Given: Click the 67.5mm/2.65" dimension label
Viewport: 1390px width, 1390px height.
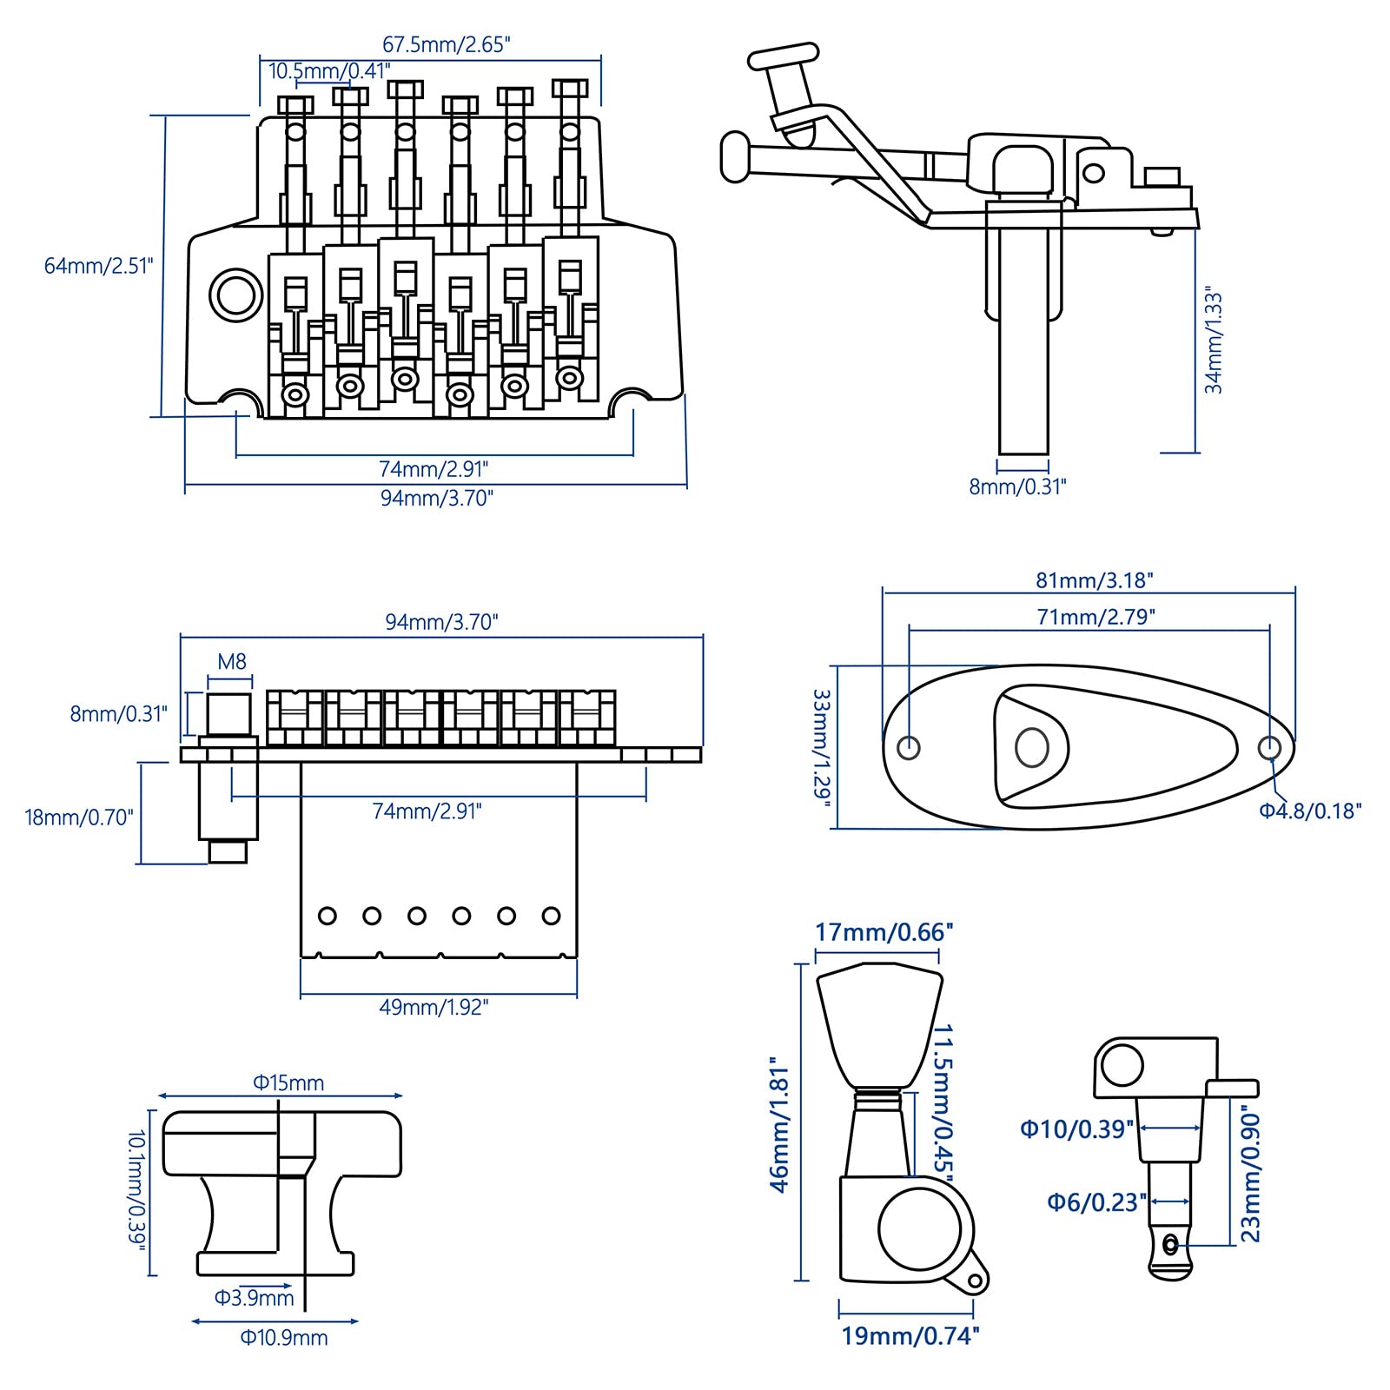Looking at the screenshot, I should coord(446,44).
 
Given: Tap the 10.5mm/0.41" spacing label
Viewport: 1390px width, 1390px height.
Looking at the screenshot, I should coord(329,71).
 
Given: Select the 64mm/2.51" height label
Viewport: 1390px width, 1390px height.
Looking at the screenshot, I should coord(98,265).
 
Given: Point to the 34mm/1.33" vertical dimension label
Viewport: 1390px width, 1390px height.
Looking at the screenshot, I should coord(1214,342).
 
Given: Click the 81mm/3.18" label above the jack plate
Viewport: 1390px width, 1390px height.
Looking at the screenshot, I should coord(1094,579).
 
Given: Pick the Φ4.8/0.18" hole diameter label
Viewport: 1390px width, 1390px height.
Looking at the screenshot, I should coord(1310,811).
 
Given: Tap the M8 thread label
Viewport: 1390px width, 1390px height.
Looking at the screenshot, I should coord(232,662).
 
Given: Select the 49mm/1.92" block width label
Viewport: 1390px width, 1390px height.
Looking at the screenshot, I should coord(434,1007).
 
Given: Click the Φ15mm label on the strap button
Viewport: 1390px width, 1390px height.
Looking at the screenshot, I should coord(288,1082).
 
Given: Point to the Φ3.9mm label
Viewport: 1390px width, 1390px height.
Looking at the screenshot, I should coord(255,1298).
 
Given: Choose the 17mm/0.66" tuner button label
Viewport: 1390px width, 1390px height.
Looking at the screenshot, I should coord(884,932).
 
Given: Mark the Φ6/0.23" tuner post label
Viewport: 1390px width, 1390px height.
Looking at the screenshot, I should coord(1096,1202).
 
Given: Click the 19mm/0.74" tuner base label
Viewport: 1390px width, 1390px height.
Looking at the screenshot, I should coord(910,1335).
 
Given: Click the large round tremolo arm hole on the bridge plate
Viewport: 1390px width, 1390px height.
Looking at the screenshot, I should coord(236,295).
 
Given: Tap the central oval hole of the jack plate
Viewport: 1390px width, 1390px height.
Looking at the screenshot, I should coord(1032,747).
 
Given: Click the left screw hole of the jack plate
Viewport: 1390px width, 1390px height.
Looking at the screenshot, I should coord(909,746).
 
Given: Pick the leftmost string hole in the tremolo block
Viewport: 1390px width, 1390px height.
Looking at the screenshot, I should coord(328,916).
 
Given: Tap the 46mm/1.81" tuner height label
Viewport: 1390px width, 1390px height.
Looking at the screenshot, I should coord(779,1124).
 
